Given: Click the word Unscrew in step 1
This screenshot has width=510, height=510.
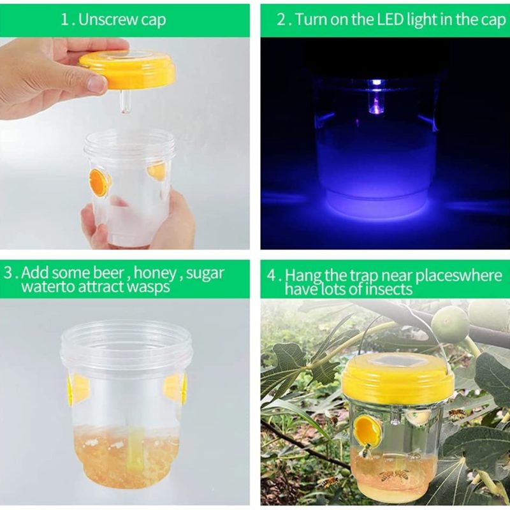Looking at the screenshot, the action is point(108,20).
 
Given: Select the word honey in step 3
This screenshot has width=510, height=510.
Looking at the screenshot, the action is point(155,273).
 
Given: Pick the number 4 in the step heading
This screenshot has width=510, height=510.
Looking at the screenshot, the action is point(272,276).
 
